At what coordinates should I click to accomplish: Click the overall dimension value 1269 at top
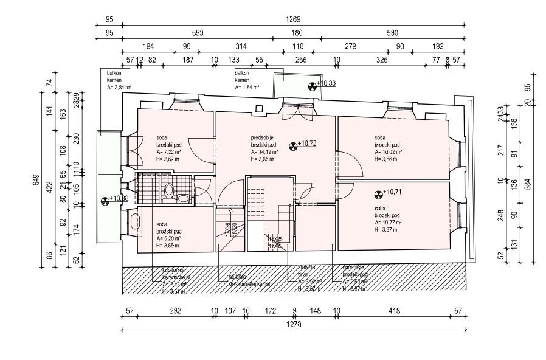point(294,19)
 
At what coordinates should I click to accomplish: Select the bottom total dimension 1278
point(294,325)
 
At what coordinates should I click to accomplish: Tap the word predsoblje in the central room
point(263,137)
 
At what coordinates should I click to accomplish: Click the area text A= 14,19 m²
point(266,152)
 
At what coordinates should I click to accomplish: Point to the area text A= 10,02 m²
point(390,152)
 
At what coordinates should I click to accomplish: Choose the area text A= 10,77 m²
point(390,223)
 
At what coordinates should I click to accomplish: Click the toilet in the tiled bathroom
point(182,196)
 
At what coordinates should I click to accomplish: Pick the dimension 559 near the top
point(197,33)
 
